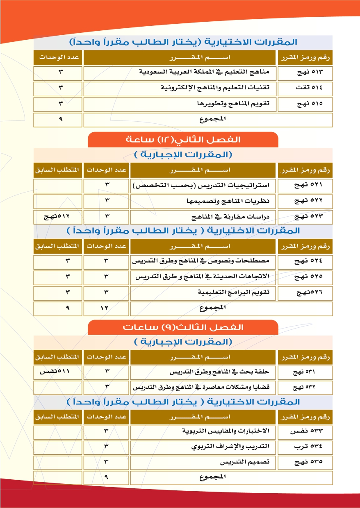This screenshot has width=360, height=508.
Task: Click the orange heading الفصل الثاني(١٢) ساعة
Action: tap(183, 140)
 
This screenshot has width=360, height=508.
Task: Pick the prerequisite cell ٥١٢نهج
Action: tap(57, 216)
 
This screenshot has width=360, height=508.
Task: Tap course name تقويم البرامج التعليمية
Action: tap(234, 293)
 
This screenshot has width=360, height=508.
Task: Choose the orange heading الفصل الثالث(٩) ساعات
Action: tap(183, 327)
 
